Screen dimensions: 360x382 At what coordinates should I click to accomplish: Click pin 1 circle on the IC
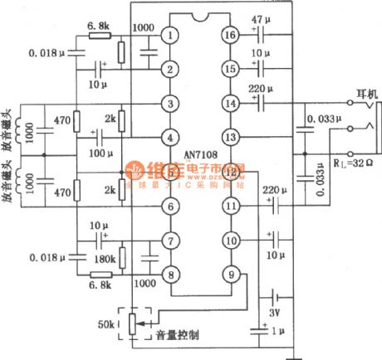point(170,36)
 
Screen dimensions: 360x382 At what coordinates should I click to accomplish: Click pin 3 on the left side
point(170,104)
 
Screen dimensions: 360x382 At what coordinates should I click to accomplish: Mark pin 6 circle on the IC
point(170,206)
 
